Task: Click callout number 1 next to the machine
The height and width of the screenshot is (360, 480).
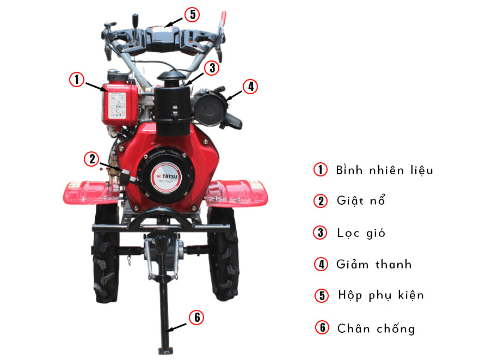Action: click(x=77, y=80)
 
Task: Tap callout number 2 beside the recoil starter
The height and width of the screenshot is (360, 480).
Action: click(x=91, y=158)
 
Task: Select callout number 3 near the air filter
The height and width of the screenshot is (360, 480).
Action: click(x=211, y=68)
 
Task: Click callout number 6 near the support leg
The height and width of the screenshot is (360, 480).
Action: click(x=196, y=318)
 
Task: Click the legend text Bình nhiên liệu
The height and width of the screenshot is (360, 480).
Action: click(x=384, y=170)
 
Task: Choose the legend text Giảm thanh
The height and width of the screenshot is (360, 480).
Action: click(x=374, y=265)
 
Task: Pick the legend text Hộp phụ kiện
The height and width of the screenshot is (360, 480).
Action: click(x=380, y=295)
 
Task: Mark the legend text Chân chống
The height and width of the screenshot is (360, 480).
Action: click(x=376, y=328)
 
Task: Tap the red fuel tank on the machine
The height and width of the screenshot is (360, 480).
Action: click(x=119, y=103)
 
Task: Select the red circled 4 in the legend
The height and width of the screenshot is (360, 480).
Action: click(x=322, y=265)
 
